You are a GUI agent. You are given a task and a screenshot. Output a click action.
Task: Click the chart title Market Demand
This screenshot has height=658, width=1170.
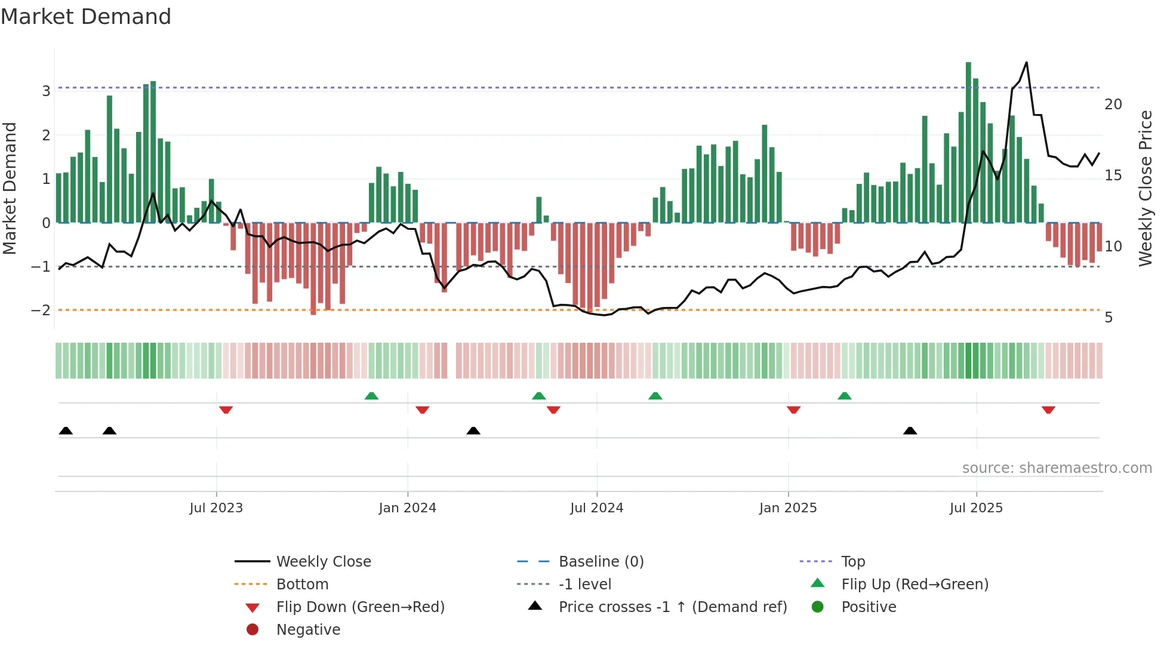86,17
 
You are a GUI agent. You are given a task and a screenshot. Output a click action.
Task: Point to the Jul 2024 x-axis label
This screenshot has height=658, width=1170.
596,508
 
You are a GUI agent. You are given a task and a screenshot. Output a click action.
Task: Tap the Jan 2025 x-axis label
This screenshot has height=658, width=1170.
787,508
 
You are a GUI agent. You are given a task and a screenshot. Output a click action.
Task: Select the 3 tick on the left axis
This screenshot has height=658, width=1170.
46,91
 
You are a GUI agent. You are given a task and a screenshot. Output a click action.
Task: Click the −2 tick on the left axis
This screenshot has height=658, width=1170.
41,310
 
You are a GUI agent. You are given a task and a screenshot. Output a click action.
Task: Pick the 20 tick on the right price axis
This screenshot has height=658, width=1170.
1113,104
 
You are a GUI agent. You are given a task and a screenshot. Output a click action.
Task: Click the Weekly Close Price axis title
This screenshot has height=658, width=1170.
1145,188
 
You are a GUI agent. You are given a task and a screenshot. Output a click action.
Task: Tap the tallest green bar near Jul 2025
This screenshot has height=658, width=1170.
968,143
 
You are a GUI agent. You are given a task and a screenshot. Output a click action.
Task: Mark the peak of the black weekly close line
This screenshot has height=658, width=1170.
1026,63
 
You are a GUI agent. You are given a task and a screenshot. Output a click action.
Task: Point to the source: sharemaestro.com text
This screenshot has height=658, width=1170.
1057,468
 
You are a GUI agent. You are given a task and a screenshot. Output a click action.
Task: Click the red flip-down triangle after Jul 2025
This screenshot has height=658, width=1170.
1048,410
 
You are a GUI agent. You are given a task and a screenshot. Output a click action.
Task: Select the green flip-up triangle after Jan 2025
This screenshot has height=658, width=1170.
844,396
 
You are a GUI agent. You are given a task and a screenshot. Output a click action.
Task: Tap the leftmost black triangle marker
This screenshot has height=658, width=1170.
66,431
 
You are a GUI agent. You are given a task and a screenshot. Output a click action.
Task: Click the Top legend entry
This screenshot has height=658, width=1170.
852,562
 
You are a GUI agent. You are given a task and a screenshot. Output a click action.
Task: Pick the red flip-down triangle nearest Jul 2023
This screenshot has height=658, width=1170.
226,410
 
